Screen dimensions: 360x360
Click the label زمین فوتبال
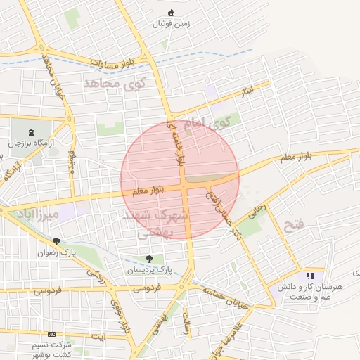click(x=172, y=23)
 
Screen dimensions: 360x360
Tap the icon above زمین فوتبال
click(x=172, y=11)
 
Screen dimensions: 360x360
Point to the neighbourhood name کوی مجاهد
click(x=113, y=84)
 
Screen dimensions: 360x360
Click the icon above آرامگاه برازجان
click(x=30, y=131)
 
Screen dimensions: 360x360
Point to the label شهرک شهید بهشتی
click(x=154, y=223)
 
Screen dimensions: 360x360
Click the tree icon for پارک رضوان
click(x=66, y=241)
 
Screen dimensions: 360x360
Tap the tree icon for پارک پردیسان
click(x=148, y=259)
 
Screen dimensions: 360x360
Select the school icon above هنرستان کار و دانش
click(x=310, y=276)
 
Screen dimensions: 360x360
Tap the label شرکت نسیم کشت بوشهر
click(x=51, y=345)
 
